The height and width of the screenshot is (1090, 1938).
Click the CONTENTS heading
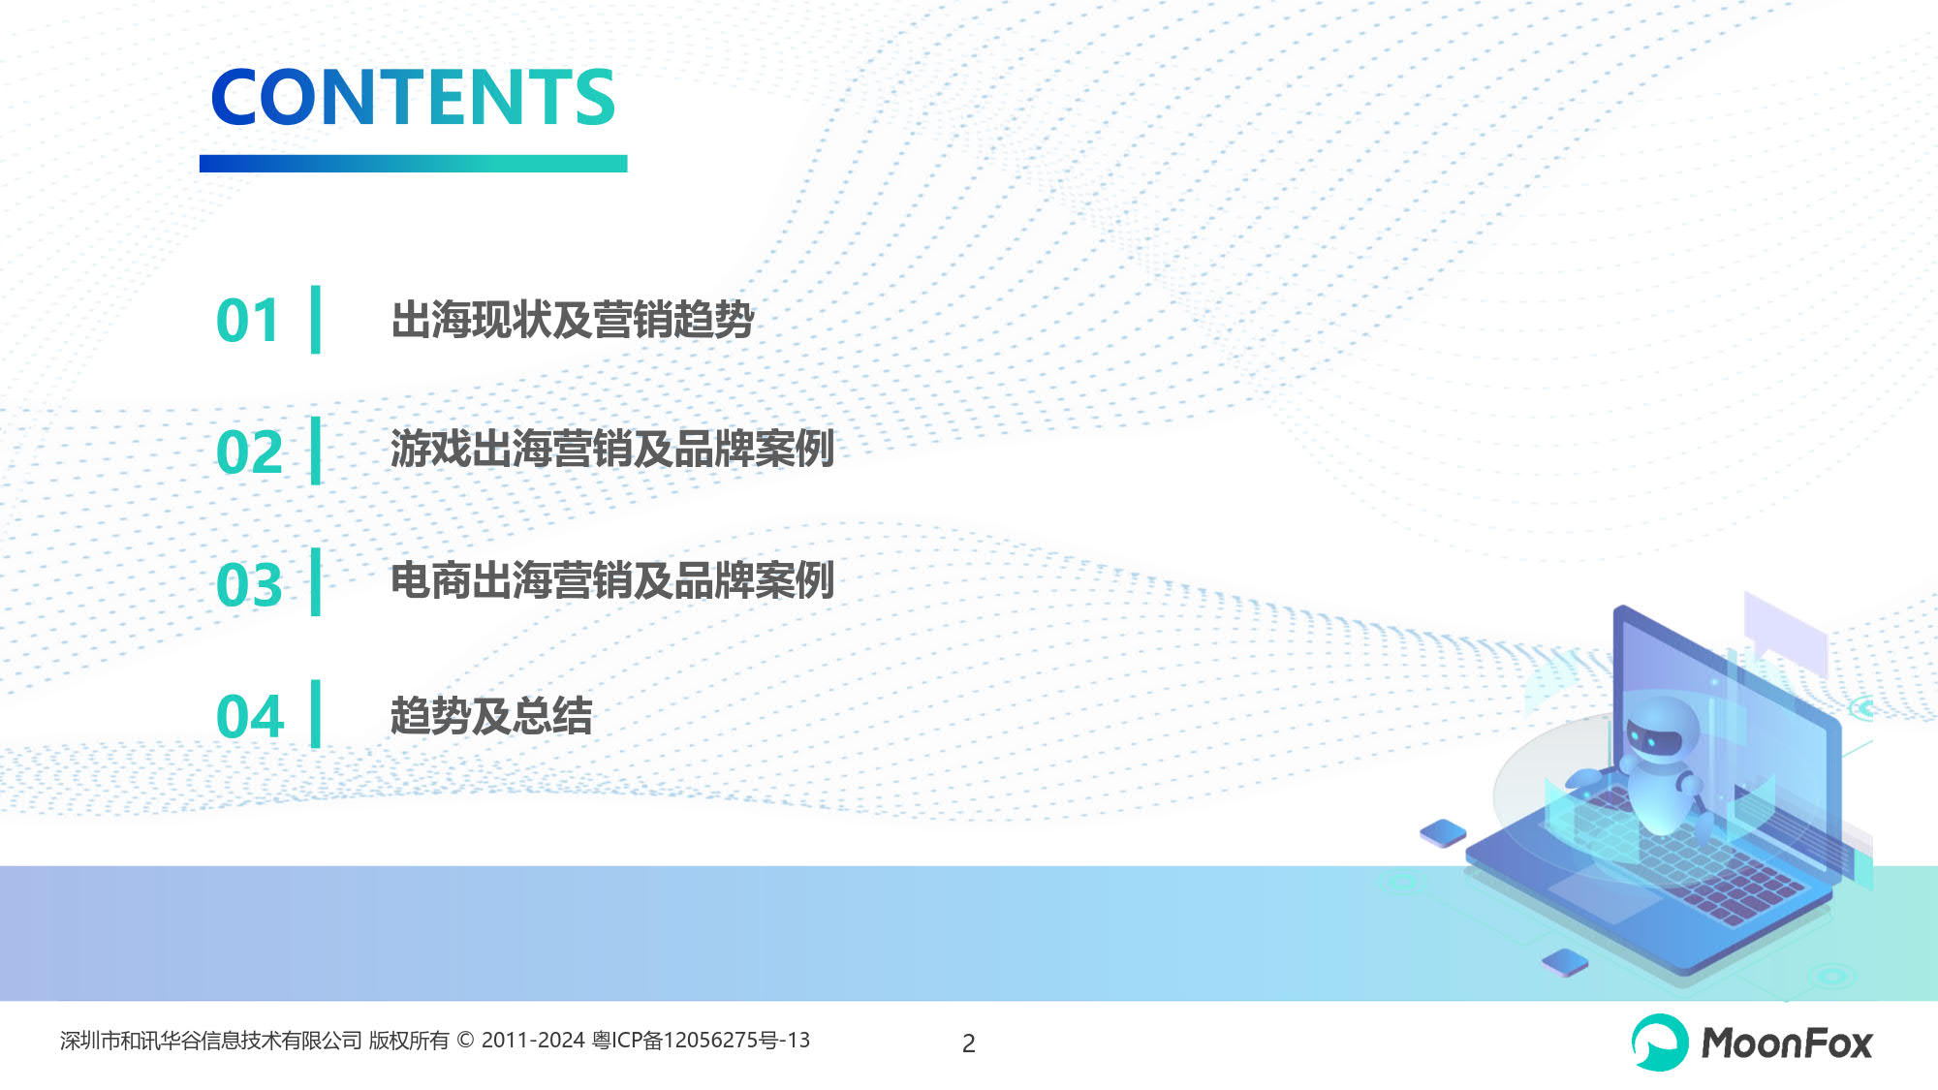click(x=413, y=97)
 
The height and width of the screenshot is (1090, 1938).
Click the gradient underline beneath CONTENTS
click(x=414, y=164)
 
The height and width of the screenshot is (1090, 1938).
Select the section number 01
click(x=248, y=321)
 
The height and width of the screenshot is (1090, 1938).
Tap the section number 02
click(x=249, y=452)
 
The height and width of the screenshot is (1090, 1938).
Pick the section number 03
click(x=249, y=584)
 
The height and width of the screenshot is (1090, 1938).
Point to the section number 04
click(x=250, y=716)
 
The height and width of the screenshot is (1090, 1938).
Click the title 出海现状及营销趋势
click(x=573, y=320)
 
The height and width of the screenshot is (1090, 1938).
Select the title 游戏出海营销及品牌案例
click(x=612, y=449)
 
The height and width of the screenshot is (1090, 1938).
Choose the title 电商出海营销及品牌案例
click(x=612, y=580)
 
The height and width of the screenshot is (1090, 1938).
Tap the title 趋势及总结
click(x=491, y=716)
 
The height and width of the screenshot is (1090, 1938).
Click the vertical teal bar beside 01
click(x=316, y=320)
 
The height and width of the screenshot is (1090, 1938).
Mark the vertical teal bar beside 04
click(x=316, y=714)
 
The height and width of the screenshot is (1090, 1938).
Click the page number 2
click(x=968, y=1043)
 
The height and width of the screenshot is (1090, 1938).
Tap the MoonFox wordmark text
click(x=1787, y=1043)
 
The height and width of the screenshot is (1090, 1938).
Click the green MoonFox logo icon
click(x=1660, y=1043)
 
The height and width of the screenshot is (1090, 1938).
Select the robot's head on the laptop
click(x=1661, y=732)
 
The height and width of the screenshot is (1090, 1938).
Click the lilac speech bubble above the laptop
click(x=1785, y=635)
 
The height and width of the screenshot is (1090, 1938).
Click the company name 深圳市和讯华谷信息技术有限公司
click(x=211, y=1041)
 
